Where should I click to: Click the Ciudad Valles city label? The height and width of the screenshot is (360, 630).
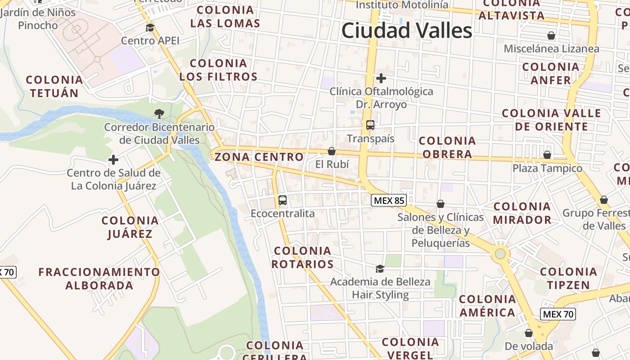click(407, 31)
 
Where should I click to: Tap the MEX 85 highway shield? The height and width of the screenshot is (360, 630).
click(388, 200)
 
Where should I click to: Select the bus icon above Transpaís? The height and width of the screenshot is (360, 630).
click(370, 125)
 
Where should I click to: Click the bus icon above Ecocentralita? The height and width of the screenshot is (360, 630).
click(283, 200)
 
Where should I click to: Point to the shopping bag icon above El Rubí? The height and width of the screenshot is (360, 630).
click(332, 151)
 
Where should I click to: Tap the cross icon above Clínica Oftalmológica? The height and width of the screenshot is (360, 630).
click(381, 78)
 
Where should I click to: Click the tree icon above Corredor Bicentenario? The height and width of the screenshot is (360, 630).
click(159, 113)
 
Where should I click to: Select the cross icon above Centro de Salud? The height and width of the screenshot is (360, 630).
click(113, 160)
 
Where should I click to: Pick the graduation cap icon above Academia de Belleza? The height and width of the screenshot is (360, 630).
click(380, 269)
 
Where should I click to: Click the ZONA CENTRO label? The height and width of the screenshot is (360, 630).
click(259, 157)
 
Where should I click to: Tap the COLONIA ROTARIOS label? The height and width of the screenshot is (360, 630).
click(303, 257)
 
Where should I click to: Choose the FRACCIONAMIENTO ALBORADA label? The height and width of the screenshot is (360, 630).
click(99, 279)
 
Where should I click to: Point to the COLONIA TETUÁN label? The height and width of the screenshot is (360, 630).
click(54, 86)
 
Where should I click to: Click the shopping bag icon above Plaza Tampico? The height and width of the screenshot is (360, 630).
click(547, 155)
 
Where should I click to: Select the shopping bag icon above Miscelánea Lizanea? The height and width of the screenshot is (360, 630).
click(551, 36)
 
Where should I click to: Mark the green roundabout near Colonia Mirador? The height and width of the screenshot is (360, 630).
click(500, 254)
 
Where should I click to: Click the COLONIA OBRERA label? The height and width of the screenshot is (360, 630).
click(447, 148)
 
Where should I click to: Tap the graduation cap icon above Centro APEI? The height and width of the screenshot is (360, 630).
click(150, 28)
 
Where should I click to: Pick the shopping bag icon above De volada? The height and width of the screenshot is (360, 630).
click(529, 333)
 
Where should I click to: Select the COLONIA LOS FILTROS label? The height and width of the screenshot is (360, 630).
click(219, 70)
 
